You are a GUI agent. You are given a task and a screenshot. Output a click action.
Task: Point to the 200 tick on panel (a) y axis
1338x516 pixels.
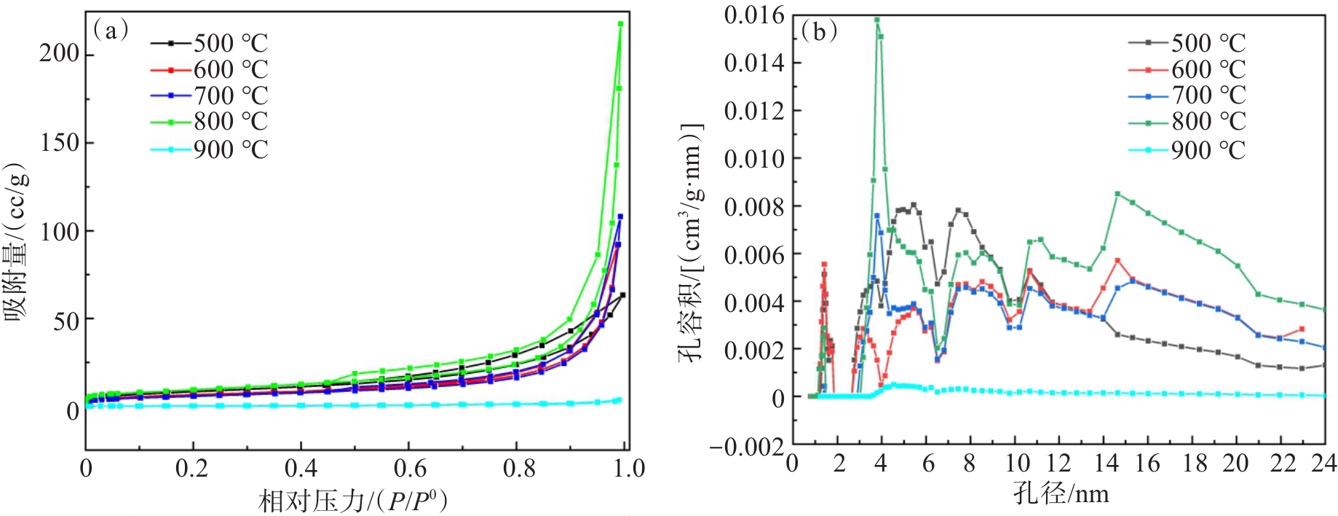59,54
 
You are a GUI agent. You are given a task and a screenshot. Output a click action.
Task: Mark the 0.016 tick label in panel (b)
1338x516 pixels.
754,15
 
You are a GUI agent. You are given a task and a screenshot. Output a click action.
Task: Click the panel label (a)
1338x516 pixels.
111,31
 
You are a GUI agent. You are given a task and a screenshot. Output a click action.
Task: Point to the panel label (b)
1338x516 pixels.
819,31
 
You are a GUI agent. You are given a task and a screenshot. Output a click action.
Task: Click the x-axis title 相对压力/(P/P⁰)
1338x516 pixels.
353,501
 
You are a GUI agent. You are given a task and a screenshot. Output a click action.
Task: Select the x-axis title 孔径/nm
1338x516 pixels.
1061,493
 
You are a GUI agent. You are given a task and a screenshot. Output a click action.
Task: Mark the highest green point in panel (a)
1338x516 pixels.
620,24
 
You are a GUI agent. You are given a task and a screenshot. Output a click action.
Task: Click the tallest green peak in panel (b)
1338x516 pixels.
877,20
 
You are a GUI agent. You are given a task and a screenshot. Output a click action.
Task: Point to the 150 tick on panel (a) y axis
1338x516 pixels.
59,143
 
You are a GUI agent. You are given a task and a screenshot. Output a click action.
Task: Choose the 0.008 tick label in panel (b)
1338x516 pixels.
754,206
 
